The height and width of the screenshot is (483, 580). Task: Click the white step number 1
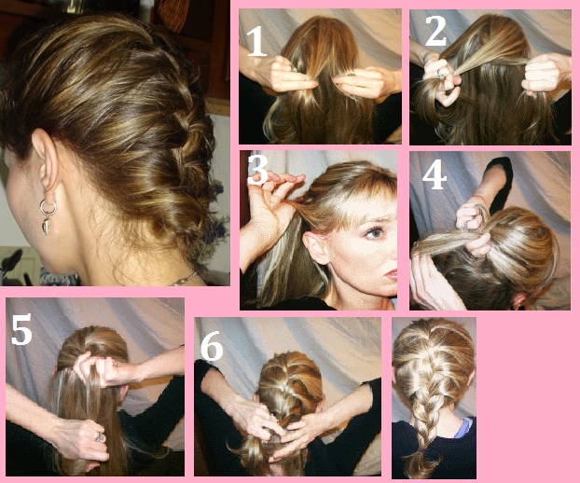click(x=256, y=42)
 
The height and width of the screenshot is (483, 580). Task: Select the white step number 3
click(x=257, y=170)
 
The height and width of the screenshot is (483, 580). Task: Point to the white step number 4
click(x=435, y=174)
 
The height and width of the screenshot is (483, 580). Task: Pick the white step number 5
click(x=21, y=329)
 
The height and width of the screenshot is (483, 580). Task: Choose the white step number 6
click(x=212, y=346)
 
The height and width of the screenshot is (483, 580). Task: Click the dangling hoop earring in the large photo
click(x=48, y=216)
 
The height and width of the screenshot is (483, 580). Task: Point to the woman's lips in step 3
click(x=392, y=274)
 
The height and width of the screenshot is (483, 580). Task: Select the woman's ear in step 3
click(x=315, y=247)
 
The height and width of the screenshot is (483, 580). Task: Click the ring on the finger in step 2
click(x=441, y=74)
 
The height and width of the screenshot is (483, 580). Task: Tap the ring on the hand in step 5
click(x=100, y=437)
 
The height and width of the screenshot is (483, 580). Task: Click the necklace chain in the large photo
click(x=185, y=279)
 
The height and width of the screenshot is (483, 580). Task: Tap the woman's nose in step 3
click(x=392, y=251)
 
